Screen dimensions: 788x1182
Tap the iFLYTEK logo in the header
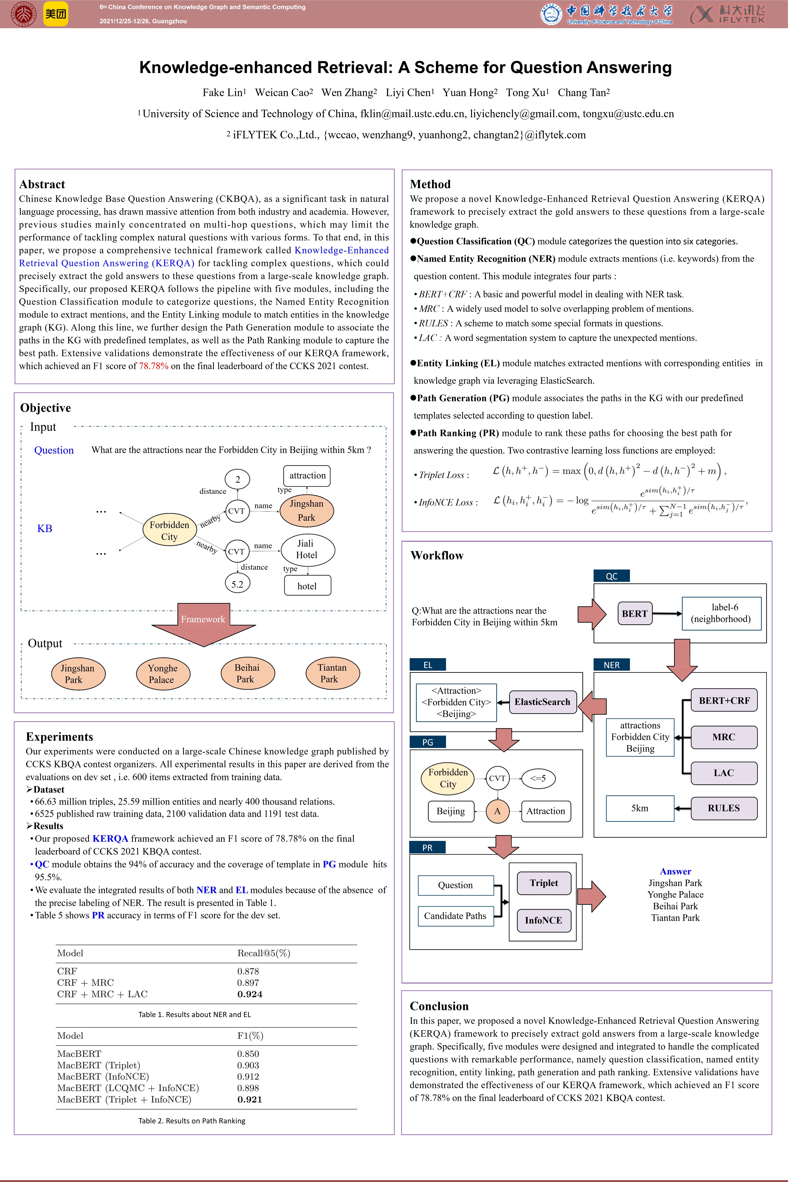click(x=728, y=14)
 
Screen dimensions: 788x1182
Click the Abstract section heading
click(x=42, y=184)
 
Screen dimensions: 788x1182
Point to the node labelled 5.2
click(x=237, y=584)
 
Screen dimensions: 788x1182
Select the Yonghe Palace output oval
click(x=162, y=674)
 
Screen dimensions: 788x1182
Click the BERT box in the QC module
click(x=635, y=614)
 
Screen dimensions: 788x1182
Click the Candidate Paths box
click(x=455, y=916)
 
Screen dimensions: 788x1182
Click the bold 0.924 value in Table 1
click(x=250, y=994)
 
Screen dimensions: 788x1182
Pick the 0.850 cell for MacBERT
click(x=248, y=1054)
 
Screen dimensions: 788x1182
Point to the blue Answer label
click(x=675, y=872)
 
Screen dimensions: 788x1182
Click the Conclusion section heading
click(x=439, y=1006)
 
